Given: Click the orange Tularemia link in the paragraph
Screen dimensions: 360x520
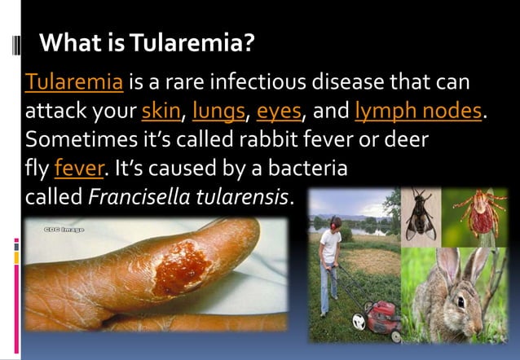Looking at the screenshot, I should (x=75, y=82).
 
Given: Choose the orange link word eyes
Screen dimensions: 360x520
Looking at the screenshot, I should (x=279, y=110).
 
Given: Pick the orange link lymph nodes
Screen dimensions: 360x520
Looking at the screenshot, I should (x=419, y=110).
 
